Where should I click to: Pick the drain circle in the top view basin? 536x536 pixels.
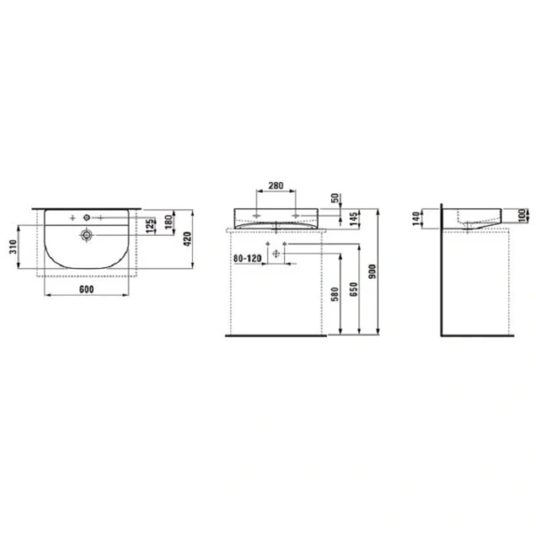pyautogui.click(x=87, y=235)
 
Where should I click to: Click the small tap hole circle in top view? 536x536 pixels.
pyautogui.click(x=88, y=217)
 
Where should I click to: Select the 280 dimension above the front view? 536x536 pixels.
pyautogui.click(x=275, y=187)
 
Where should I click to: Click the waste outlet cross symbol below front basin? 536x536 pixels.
pyautogui.click(x=276, y=255)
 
